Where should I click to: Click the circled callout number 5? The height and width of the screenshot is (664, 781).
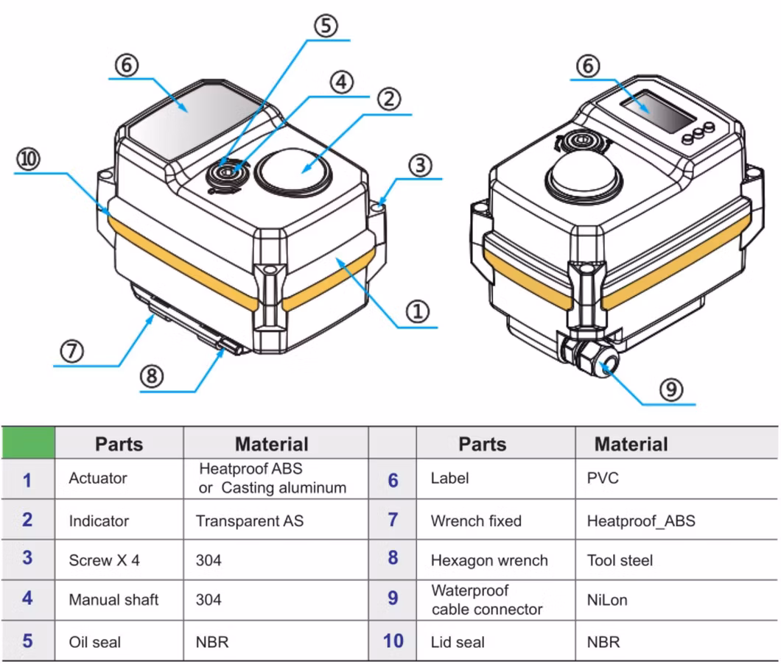(326, 27)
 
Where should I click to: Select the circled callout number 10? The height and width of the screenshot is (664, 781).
(29, 160)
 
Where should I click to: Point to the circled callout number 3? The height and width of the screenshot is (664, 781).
(420, 165)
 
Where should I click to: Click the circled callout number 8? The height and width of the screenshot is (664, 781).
(152, 377)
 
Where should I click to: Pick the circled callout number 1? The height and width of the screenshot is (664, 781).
(418, 312)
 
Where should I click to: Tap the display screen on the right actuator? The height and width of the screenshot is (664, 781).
(657, 111)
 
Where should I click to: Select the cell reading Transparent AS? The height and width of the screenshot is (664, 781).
(249, 521)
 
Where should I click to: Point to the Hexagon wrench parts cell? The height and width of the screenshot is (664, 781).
(489, 560)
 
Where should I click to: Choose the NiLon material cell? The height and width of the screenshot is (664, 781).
(607, 600)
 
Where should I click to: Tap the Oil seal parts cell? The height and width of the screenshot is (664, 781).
(95, 641)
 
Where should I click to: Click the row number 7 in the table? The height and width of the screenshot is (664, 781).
(393, 520)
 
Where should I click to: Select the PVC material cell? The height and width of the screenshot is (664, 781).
(603, 478)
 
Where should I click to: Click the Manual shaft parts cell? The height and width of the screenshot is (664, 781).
(113, 600)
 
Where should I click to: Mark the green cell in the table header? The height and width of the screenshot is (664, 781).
(28, 442)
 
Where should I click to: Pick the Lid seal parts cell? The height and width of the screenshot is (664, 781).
(458, 642)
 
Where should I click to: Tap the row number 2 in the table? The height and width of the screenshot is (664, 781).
(27, 520)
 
